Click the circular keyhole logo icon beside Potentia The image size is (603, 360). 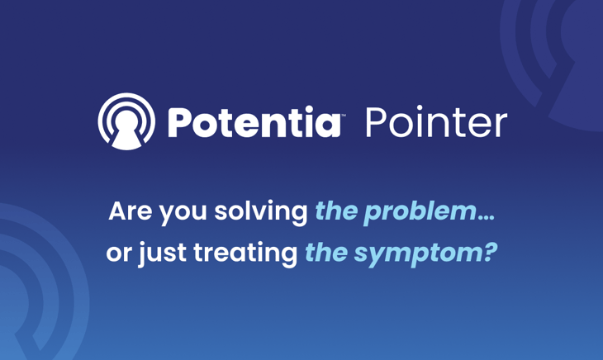(126, 122)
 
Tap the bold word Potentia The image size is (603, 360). (254, 123)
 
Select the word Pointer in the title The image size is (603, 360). (435, 123)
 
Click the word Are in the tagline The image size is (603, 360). (128, 211)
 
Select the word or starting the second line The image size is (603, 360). (119, 253)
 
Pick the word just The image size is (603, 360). (162, 253)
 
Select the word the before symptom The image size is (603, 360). (326, 253)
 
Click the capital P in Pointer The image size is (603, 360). (376, 123)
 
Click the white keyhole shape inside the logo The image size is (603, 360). (126, 132)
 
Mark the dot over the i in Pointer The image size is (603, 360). (427, 108)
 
